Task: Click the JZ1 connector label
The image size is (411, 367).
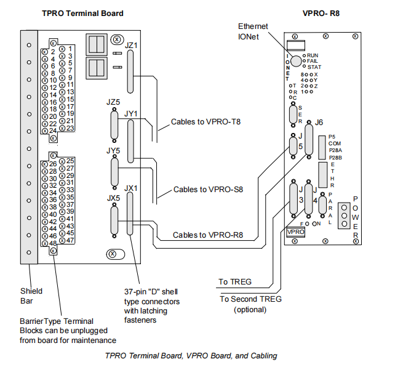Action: (131, 45)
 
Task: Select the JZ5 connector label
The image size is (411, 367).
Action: (113, 102)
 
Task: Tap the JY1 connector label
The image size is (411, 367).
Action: (130, 114)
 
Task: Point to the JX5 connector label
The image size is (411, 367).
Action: (113, 198)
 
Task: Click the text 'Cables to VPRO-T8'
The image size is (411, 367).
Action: (207, 122)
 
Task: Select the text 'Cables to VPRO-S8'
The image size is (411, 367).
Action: (208, 190)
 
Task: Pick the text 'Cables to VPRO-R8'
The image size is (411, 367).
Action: (207, 235)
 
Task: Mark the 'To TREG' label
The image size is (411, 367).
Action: (235, 283)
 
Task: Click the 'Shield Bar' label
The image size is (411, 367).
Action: (31, 297)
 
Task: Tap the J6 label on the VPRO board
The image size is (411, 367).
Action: (318, 123)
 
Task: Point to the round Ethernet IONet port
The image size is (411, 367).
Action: (297, 60)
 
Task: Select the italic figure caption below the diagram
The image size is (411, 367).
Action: (191, 355)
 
